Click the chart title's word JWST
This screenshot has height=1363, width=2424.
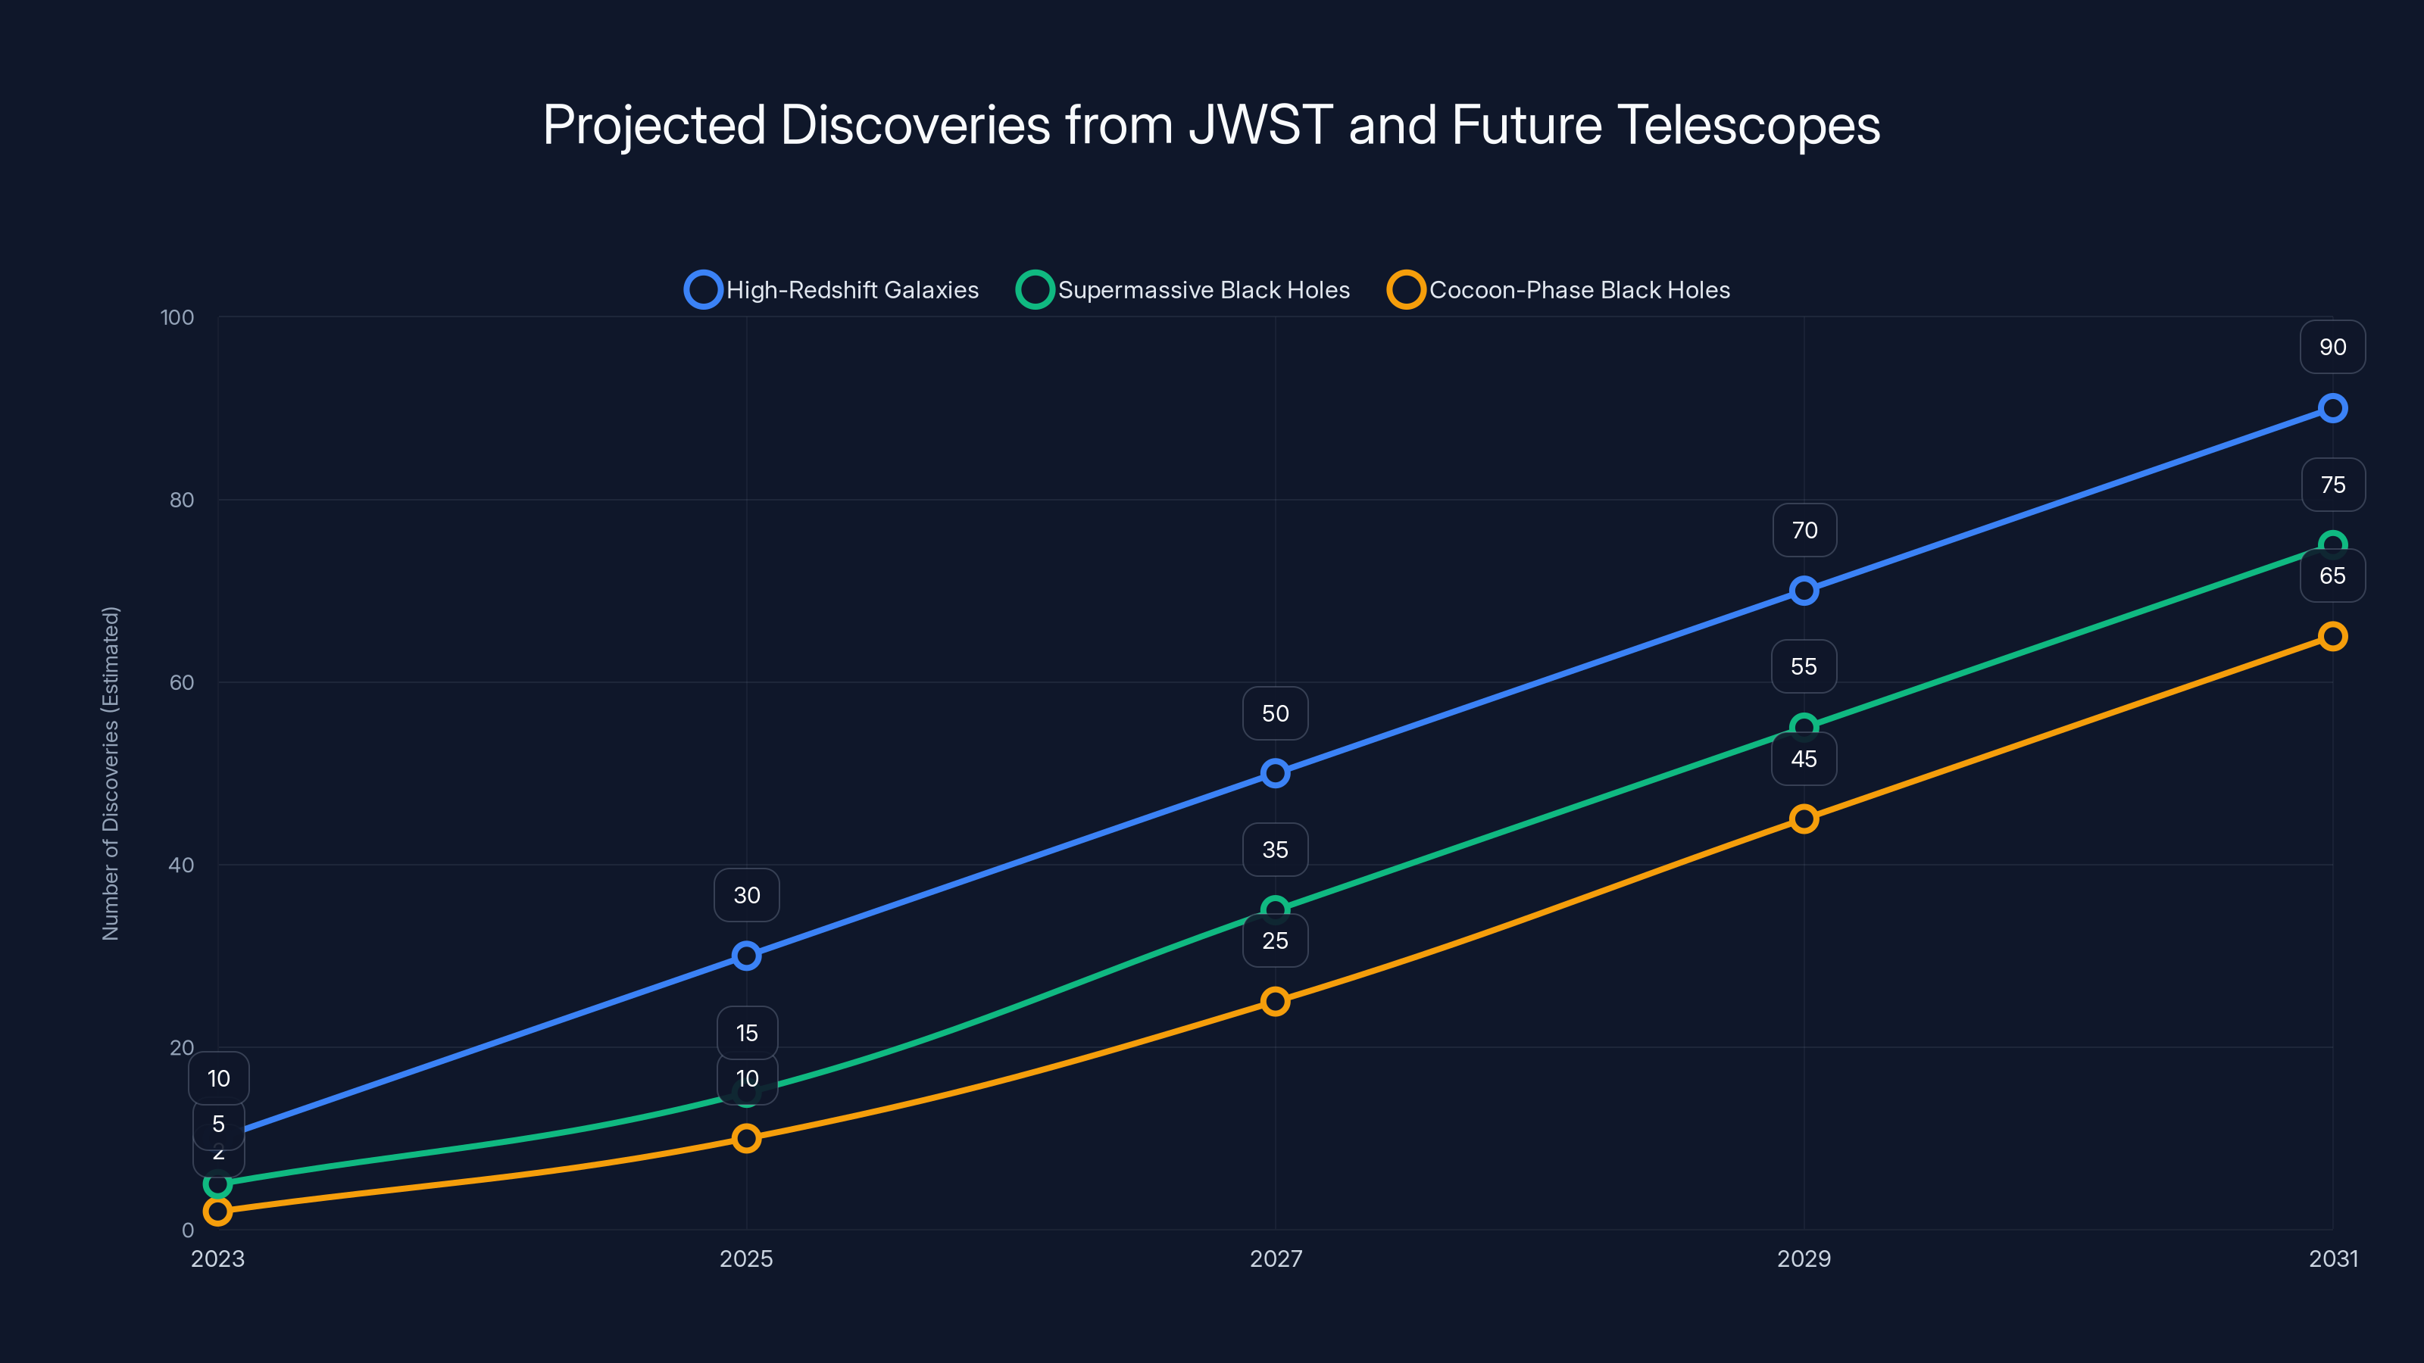click(x=1260, y=125)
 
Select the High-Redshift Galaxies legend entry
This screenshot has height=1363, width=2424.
click(x=832, y=290)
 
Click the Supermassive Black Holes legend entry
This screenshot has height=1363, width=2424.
click(x=1184, y=290)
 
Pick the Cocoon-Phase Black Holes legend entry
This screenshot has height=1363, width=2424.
click(x=1559, y=290)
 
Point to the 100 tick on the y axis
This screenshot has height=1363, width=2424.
click(x=177, y=317)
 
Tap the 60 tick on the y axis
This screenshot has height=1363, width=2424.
click(x=182, y=682)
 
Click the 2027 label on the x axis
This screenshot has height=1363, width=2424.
click(x=1275, y=1259)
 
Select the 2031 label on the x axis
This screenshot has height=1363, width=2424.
click(x=2333, y=1259)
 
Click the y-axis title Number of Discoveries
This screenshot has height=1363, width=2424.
click(x=111, y=772)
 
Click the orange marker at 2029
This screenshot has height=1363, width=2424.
click(x=1803, y=819)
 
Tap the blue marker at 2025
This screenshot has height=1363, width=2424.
click(x=746, y=956)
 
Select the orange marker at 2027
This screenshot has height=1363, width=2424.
click(x=1275, y=1001)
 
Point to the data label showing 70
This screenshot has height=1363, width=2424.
click(x=1804, y=531)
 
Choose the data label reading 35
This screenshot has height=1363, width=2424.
click(x=1275, y=850)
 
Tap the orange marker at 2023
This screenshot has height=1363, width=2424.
click(x=218, y=1212)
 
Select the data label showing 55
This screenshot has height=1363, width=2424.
click(x=1803, y=666)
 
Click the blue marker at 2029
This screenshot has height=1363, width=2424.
click(x=1803, y=591)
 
